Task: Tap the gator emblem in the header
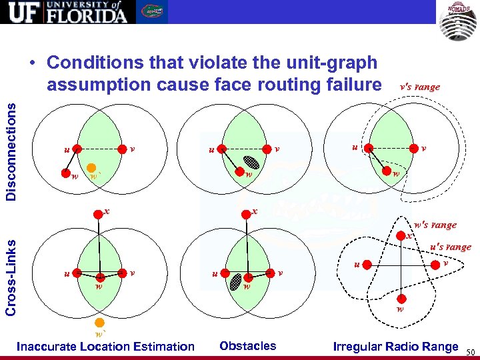click(x=153, y=12)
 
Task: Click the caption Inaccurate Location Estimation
click(x=105, y=346)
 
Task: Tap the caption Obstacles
click(x=247, y=345)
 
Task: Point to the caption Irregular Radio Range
click(x=395, y=346)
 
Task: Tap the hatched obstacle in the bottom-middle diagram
click(x=235, y=282)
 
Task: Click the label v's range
click(x=419, y=87)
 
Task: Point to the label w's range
click(x=435, y=225)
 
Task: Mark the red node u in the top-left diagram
click(x=77, y=149)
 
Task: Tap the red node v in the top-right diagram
click(x=414, y=149)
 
